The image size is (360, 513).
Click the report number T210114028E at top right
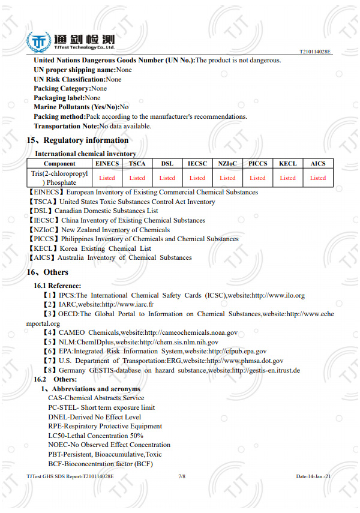coord(315,53)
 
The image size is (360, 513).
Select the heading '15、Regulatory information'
coord(77,140)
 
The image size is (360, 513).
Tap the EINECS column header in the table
coord(107,163)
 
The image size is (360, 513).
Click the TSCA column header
coord(137,163)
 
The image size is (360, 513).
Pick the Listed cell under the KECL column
coord(288,178)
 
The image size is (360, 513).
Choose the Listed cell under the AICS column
coord(318,178)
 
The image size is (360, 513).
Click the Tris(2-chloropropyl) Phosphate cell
coord(59,178)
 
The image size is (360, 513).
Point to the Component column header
coord(59,163)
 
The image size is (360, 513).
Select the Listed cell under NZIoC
coord(227,178)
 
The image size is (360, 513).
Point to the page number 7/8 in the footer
coord(182,476)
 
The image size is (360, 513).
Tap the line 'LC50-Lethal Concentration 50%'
coord(95,436)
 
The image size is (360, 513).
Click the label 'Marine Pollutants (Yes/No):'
coord(77,107)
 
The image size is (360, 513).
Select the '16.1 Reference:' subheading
coord(57,286)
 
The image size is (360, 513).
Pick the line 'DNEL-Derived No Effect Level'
coord(94,417)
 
